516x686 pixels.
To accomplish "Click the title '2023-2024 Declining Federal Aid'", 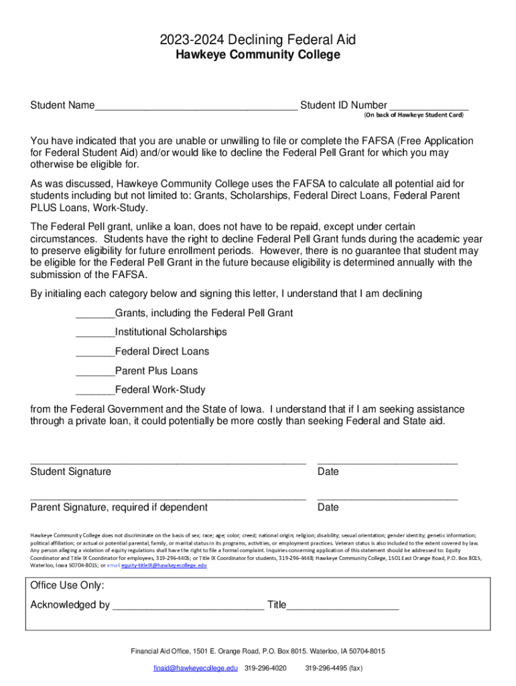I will click(x=258, y=40).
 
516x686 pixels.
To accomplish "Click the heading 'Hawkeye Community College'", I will click(x=258, y=55).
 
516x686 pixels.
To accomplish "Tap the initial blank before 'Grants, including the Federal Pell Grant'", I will click(x=95, y=314).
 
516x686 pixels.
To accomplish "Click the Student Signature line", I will click(x=168, y=462).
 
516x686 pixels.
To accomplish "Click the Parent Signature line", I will click(x=168, y=498).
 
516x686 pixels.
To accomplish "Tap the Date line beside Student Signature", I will click(x=387, y=462).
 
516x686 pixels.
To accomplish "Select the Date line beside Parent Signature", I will click(x=387, y=498).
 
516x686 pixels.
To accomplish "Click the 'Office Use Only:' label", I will click(x=67, y=586).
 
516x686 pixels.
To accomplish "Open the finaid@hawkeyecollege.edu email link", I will click(x=195, y=669).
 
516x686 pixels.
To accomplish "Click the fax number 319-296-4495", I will click(x=334, y=669).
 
